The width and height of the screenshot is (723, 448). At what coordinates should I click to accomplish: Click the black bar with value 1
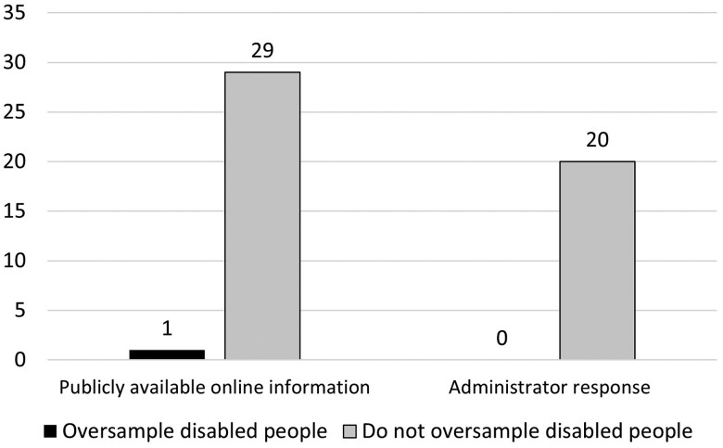coord(167,354)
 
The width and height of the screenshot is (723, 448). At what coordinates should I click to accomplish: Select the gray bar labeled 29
coord(262,215)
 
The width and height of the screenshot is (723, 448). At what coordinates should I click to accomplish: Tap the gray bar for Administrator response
coord(597,261)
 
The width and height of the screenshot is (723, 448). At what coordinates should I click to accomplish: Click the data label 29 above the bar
coord(262,50)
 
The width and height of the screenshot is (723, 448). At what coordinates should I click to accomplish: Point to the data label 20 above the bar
coord(597,139)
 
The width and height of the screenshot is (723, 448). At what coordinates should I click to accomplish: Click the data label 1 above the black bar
coord(167,328)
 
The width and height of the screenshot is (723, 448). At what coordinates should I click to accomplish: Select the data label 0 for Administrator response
coord(501,339)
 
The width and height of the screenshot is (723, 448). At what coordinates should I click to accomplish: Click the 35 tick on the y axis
coord(14,12)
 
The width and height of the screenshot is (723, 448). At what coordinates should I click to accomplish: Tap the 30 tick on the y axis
coord(14,62)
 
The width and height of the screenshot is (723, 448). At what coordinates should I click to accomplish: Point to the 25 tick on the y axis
coord(14,112)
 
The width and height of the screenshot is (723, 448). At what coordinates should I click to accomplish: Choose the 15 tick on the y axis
coord(14,211)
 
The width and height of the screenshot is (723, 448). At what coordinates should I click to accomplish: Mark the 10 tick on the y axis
coord(14,261)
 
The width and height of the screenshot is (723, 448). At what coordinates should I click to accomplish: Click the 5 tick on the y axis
coord(19,311)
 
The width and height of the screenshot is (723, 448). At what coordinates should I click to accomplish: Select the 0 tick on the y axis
coord(19,360)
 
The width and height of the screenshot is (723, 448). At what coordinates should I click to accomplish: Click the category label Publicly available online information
coord(214,388)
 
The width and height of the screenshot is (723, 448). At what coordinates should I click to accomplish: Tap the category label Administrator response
coord(549,388)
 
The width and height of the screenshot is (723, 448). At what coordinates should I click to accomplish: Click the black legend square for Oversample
coord(50,431)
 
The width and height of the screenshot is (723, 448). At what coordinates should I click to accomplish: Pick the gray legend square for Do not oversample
coord(350,431)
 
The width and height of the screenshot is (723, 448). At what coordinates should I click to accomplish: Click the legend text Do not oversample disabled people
coord(527,431)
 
